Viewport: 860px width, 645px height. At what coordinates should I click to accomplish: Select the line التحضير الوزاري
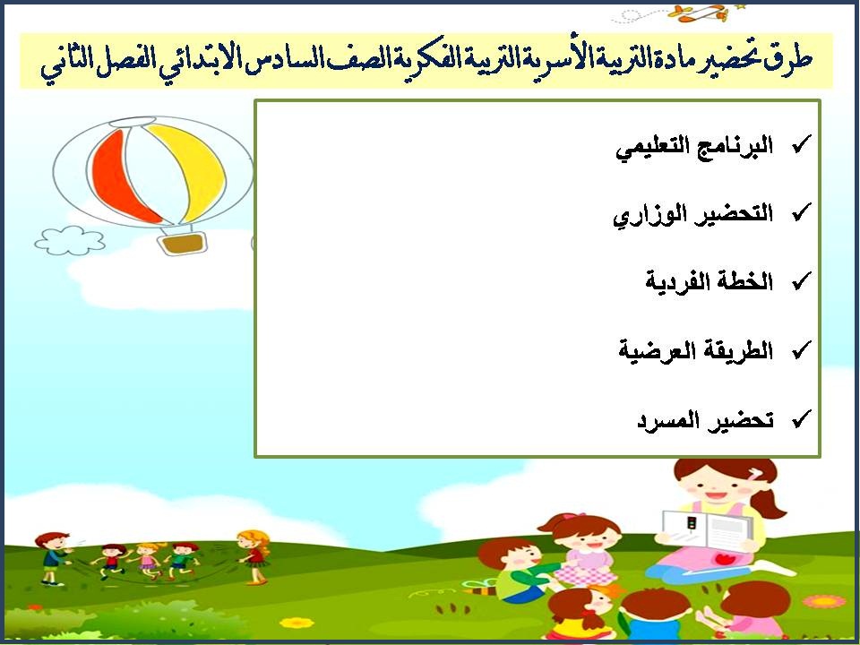pyautogui.click(x=692, y=214)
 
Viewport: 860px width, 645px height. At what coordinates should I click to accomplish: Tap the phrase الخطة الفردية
pyautogui.click(x=709, y=281)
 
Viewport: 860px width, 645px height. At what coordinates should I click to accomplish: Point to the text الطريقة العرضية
pyautogui.click(x=695, y=349)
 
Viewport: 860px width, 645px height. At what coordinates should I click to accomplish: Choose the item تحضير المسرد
pyautogui.click(x=704, y=418)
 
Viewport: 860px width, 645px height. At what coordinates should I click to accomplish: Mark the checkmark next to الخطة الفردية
pyautogui.click(x=802, y=280)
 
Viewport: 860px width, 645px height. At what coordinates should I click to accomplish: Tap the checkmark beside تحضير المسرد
pyautogui.click(x=802, y=417)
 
